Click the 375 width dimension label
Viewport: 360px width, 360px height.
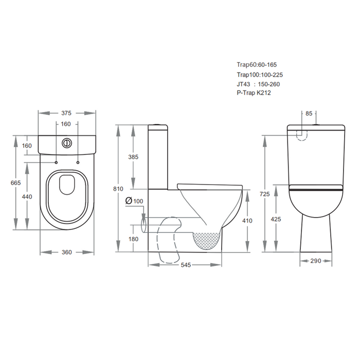pos(66,113)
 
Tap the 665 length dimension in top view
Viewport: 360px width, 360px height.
pos(15,183)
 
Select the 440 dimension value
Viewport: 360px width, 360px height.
pos(27,197)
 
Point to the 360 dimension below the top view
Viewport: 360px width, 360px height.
pos(67,252)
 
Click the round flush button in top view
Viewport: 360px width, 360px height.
pos(67,143)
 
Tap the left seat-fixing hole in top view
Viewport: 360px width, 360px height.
pos(56,163)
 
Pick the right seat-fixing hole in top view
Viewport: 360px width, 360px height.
pos(78,163)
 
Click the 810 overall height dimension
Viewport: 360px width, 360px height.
pos(118,189)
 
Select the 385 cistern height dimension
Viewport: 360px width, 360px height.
pos(133,157)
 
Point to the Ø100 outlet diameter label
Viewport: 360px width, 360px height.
pos(134,201)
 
